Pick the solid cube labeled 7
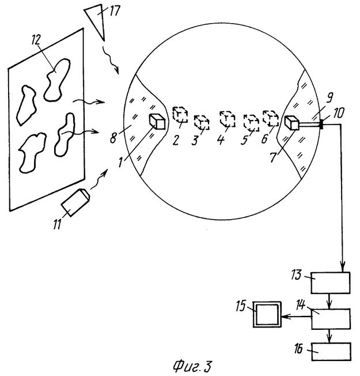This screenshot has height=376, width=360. pos(292,123)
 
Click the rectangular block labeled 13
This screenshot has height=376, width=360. pos(331,283)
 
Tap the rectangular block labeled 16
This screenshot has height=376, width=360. pos(331,349)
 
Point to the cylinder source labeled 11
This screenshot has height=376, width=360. pos(74,202)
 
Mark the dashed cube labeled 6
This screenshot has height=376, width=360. pos(270,117)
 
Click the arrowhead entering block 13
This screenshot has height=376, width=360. pos(344,269)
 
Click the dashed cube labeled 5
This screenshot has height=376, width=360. pos(251,122)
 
